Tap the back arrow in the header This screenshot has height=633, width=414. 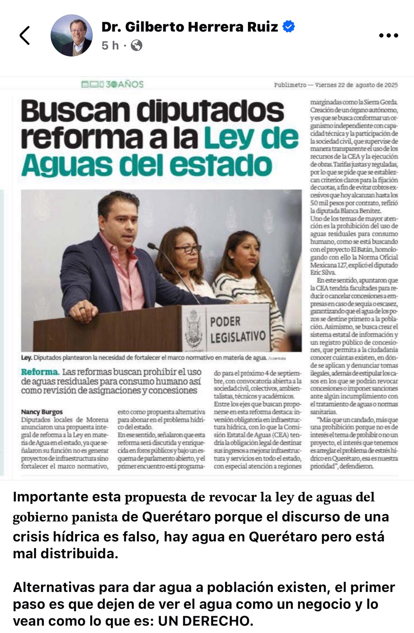25,35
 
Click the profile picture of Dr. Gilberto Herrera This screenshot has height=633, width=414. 72,35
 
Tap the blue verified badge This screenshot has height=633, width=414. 289,27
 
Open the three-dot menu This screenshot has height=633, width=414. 388,35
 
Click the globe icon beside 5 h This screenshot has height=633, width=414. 137,45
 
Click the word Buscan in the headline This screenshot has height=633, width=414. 75,111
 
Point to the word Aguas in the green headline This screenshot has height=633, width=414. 66,166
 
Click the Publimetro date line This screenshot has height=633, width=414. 336,85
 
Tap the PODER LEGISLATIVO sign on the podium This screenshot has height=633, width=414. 237,329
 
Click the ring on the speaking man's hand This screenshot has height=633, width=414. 81,309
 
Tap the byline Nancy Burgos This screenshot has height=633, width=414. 42,412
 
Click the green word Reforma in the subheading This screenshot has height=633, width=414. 40,372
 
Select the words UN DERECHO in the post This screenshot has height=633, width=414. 205,621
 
